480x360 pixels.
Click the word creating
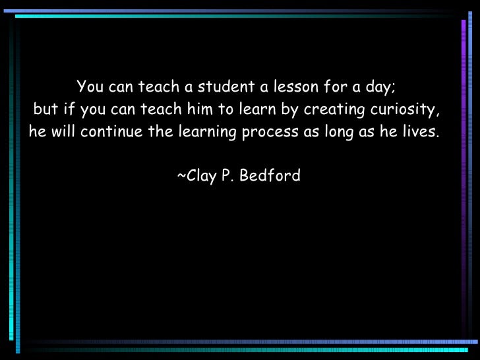point(330,109)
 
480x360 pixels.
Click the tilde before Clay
point(181,176)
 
